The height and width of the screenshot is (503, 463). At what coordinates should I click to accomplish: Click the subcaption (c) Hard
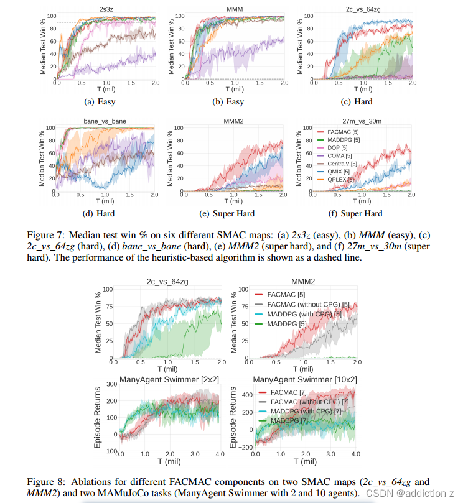360,101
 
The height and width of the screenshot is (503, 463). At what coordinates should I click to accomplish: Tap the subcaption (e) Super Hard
233,214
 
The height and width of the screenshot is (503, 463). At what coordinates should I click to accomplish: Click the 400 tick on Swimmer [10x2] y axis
246,394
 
